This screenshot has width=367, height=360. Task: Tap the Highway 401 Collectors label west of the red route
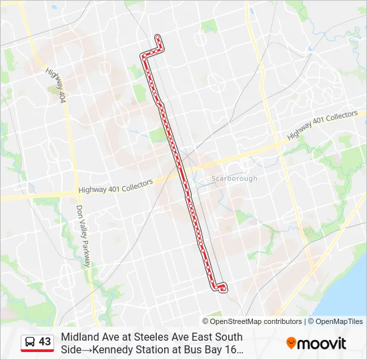pyautogui.click(x=115, y=186)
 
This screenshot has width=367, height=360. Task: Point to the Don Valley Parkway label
pyautogui.click(x=83, y=235)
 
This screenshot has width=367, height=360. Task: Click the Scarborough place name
pyautogui.click(x=234, y=179)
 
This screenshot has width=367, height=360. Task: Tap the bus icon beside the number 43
pyautogui.click(x=30, y=342)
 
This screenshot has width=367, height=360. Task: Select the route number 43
pyautogui.click(x=45, y=342)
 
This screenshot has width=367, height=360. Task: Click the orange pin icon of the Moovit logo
pyautogui.click(x=291, y=343)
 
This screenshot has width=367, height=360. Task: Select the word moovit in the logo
pyautogui.click(x=322, y=344)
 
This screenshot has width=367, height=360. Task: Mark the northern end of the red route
pyautogui.click(x=157, y=37)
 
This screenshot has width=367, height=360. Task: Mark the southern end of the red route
pyautogui.click(x=222, y=287)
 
